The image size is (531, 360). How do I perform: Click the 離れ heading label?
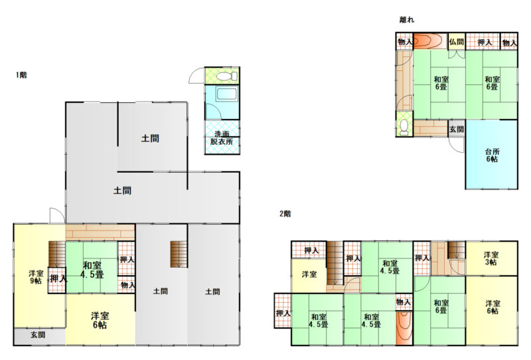tap(407, 20)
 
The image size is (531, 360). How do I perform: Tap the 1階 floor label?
tap(21, 75)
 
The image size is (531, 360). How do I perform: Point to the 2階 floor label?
tap(285, 214)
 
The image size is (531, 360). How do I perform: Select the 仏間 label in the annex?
tap(456, 42)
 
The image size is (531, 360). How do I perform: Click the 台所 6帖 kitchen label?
tap(492, 155)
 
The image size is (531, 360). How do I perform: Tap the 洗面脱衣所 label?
tap(222, 138)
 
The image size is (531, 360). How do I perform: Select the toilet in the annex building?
tap(404, 127)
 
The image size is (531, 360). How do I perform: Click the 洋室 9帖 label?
tap(36, 277)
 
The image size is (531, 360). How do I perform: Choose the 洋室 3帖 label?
tap(491, 258)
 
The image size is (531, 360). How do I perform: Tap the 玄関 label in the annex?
tap(457, 129)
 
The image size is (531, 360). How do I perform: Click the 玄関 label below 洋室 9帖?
tap(38, 335)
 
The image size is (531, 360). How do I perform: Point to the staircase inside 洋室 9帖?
tap(57, 254)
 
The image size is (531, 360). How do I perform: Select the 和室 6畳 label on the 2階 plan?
tap(441, 306)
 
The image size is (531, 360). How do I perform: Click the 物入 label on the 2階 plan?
tap(404, 302)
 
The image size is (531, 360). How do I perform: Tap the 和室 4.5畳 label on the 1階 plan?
tap(92, 270)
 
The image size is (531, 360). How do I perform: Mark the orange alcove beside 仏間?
tap(429, 41)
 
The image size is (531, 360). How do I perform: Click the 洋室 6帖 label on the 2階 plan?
tap(493, 307)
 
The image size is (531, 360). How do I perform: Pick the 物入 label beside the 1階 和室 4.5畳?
tap(127, 285)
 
